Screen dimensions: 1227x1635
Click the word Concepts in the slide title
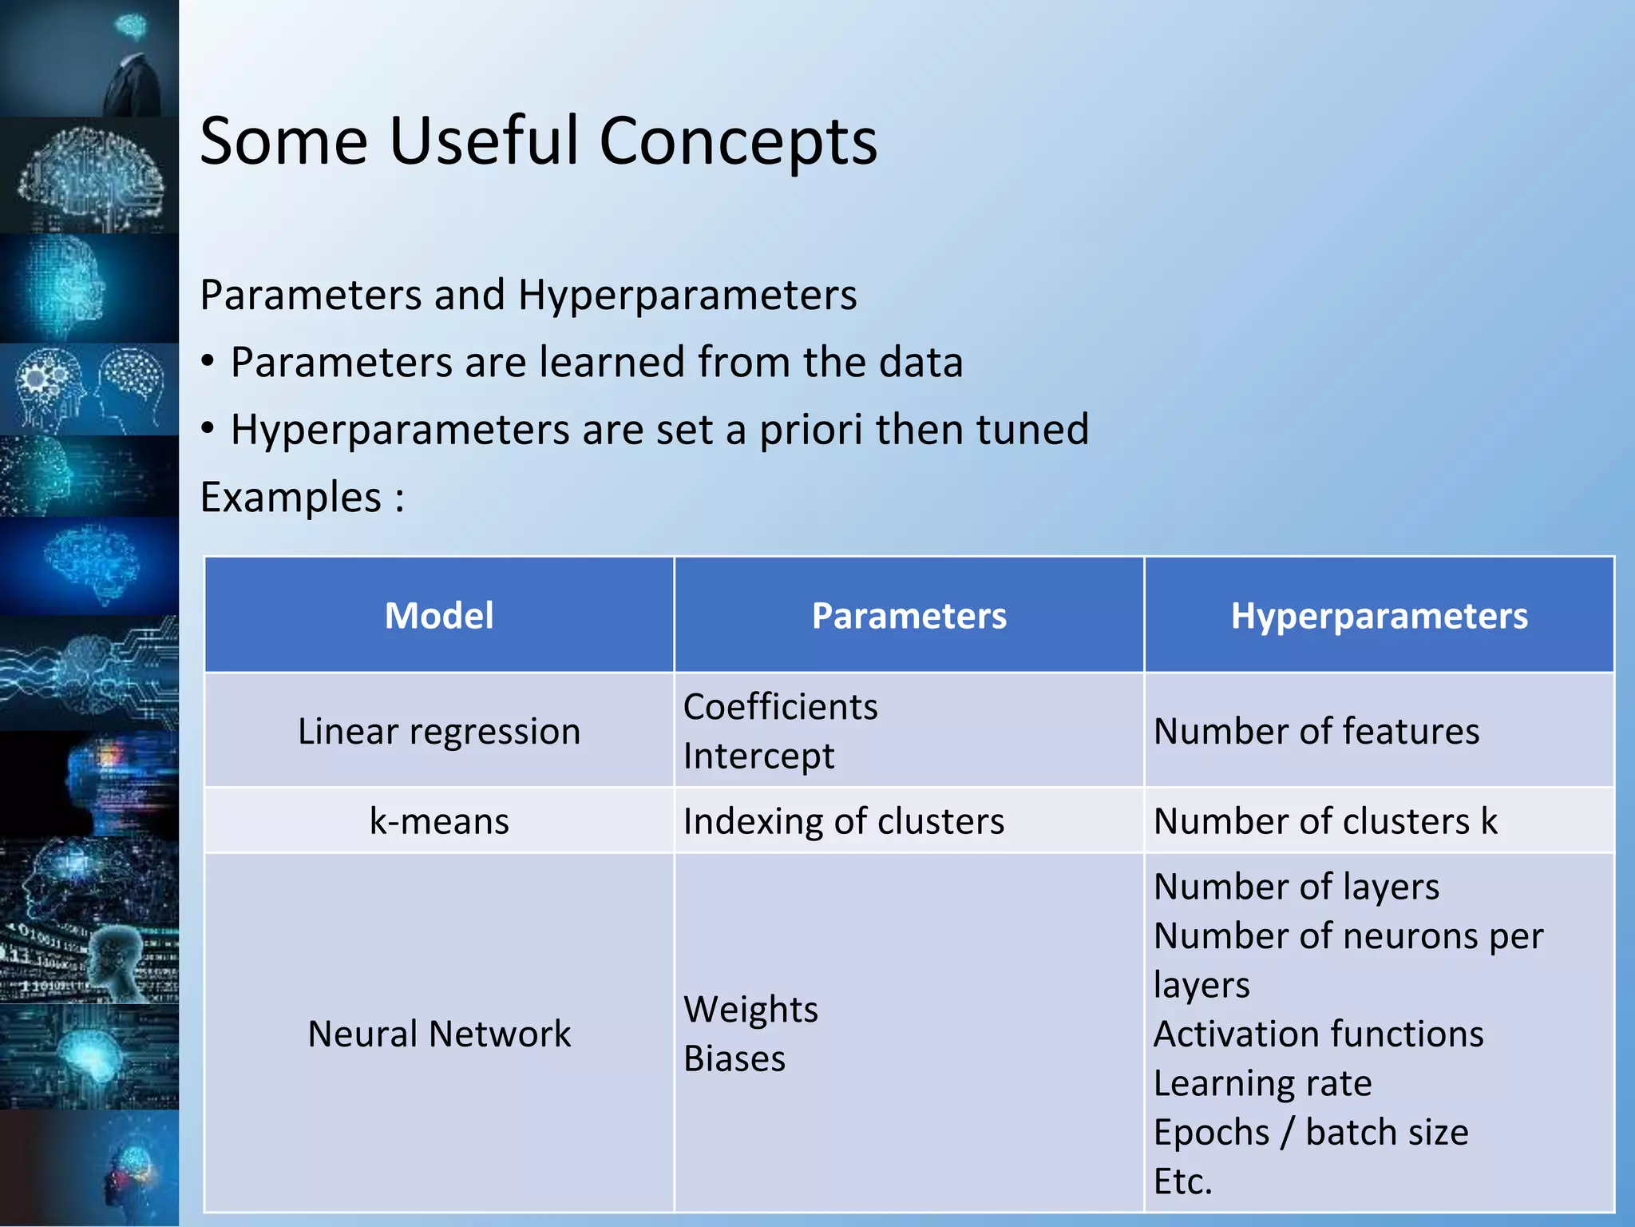point(738,141)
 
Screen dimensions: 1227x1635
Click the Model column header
point(439,616)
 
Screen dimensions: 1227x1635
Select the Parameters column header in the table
point(909,616)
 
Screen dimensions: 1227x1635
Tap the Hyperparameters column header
point(1379,616)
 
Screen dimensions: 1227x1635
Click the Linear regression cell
point(439,732)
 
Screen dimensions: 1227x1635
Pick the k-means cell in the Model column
point(439,821)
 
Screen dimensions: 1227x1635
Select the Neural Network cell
point(439,1034)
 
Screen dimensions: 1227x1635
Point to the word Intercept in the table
point(758,756)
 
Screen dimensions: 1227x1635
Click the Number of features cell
point(1316,732)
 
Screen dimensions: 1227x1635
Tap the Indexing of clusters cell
point(844,821)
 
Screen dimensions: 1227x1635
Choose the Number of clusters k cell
point(1325,821)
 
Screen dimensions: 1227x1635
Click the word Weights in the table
point(750,1010)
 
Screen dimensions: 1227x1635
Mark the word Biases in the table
point(734,1058)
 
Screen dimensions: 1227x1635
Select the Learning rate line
point(1262,1083)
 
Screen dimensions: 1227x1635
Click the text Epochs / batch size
point(1311,1132)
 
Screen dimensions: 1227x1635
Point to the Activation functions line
point(1318,1034)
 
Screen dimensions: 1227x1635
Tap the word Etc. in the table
point(1182,1181)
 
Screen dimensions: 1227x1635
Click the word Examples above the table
point(291,497)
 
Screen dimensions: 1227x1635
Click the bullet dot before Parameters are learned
point(208,363)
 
